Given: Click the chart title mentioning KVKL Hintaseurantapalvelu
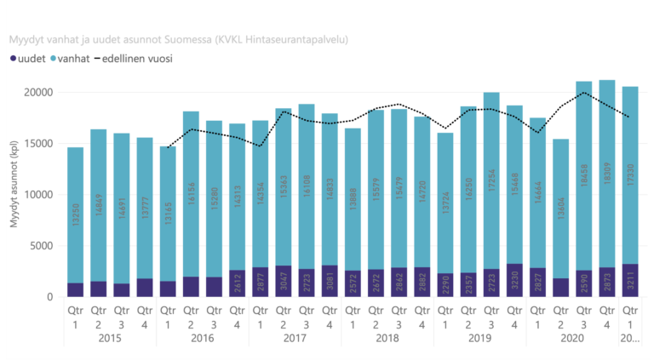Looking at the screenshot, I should coord(178,39).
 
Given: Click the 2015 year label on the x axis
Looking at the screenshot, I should coord(110,339).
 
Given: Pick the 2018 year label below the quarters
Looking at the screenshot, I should coord(387,339).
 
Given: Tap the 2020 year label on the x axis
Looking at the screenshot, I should coord(572,339).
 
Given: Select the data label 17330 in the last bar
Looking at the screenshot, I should coord(630,194).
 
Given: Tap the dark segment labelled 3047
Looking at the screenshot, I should coord(284,281).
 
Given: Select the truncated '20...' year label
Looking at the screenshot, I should coord(630,339).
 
